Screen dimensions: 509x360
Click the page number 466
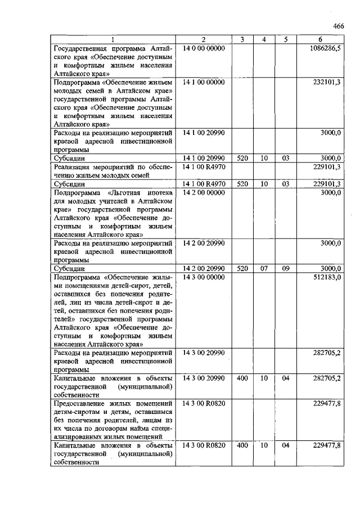[x=338, y=26]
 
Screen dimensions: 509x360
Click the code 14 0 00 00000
[x=204, y=48]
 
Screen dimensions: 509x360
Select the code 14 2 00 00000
[x=204, y=192]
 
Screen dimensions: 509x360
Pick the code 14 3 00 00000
[x=204, y=277]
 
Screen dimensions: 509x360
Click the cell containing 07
[x=263, y=269]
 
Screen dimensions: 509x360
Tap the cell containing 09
[x=286, y=269]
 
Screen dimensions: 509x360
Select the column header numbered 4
[x=263, y=39]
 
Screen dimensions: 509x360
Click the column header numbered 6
[x=320, y=39]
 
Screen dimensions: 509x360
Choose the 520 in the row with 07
[x=242, y=269]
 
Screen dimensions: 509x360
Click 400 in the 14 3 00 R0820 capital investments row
[x=242, y=445]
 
